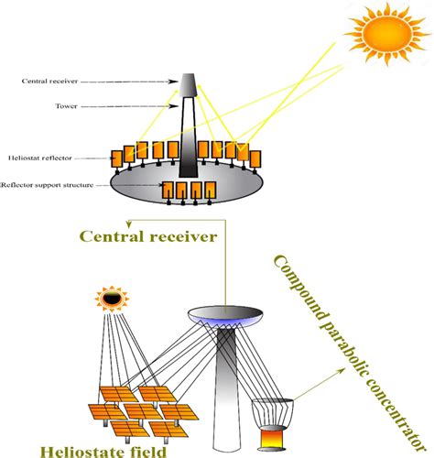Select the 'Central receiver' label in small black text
click(x=47, y=82)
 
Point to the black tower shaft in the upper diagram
click(x=188, y=137)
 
